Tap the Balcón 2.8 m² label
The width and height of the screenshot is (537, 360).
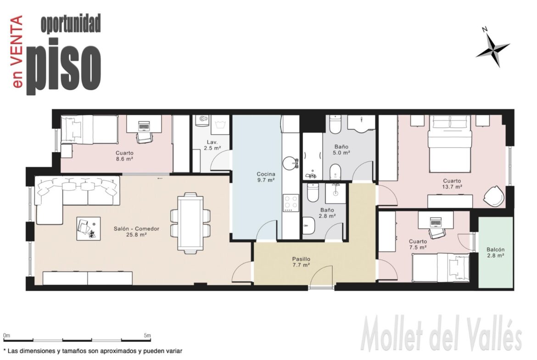point(495,253)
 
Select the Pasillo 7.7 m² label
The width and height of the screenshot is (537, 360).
point(301,262)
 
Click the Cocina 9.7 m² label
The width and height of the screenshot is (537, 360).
point(266,177)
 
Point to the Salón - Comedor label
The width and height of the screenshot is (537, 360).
point(136,228)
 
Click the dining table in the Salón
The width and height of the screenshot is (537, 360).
point(190,223)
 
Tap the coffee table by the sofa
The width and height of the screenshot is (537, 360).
point(89,228)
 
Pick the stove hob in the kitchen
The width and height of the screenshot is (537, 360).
point(291,203)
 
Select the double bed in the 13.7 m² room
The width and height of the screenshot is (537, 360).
point(450,144)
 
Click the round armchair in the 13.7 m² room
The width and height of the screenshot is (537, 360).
point(493,196)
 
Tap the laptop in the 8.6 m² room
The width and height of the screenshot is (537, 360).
point(144,126)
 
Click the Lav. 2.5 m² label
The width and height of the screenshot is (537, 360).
point(212,145)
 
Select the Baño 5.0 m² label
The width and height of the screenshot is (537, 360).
point(341,150)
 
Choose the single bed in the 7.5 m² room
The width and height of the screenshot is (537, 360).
point(441,268)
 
